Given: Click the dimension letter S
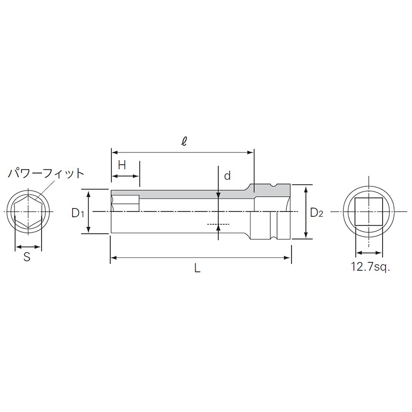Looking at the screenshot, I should [27, 257].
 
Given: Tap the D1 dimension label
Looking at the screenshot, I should [77, 212].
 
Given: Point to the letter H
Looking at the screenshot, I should [122, 165].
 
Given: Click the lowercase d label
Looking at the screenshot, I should [227, 176].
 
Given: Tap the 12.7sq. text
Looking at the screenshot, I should [368, 267].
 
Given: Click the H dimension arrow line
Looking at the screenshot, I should [125, 176].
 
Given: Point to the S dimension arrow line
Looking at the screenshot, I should [27, 246].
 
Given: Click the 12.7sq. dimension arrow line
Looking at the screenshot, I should [368, 253].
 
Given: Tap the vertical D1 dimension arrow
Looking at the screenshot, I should [89, 212].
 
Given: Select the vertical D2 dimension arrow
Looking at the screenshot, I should [307, 212].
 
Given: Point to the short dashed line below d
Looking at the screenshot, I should [216, 224].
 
